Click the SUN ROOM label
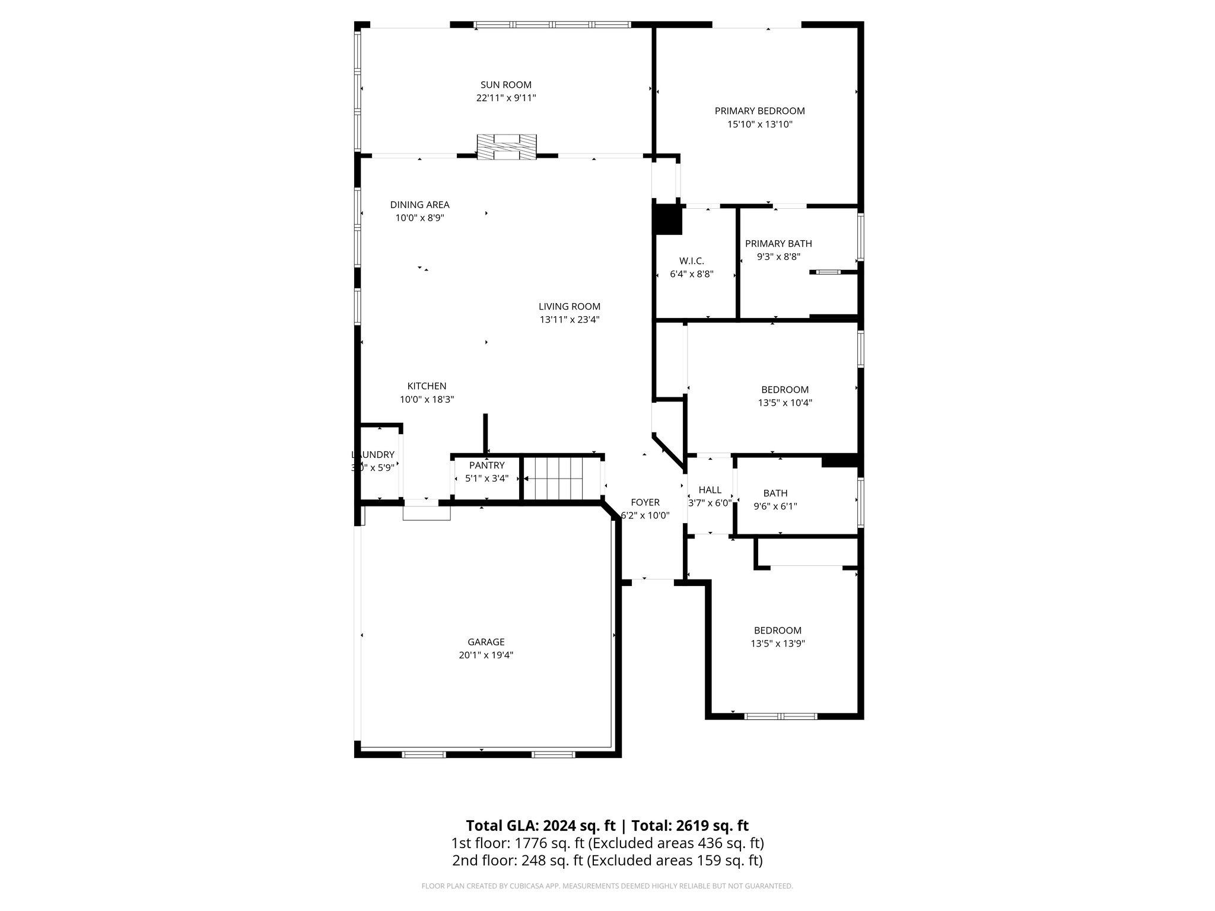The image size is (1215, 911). click(505, 85)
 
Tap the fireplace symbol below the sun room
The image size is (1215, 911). click(507, 146)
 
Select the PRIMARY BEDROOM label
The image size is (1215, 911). click(759, 111)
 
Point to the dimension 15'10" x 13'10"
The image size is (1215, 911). click(759, 125)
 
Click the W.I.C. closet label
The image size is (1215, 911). click(691, 261)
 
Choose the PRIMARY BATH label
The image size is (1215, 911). click(778, 244)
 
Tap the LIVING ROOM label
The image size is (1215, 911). click(569, 307)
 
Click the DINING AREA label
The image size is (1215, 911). click(419, 205)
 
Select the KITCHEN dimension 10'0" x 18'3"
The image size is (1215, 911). click(427, 400)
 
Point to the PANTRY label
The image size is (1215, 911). click(486, 466)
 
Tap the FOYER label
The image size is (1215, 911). click(645, 502)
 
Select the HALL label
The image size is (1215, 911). click(710, 490)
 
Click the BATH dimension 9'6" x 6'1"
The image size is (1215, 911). click(775, 507)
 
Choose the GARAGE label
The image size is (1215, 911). click(486, 642)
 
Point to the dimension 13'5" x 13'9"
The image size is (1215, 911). click(777, 644)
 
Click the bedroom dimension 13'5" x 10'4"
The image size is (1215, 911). click(784, 403)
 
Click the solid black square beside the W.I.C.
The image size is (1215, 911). click(667, 219)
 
